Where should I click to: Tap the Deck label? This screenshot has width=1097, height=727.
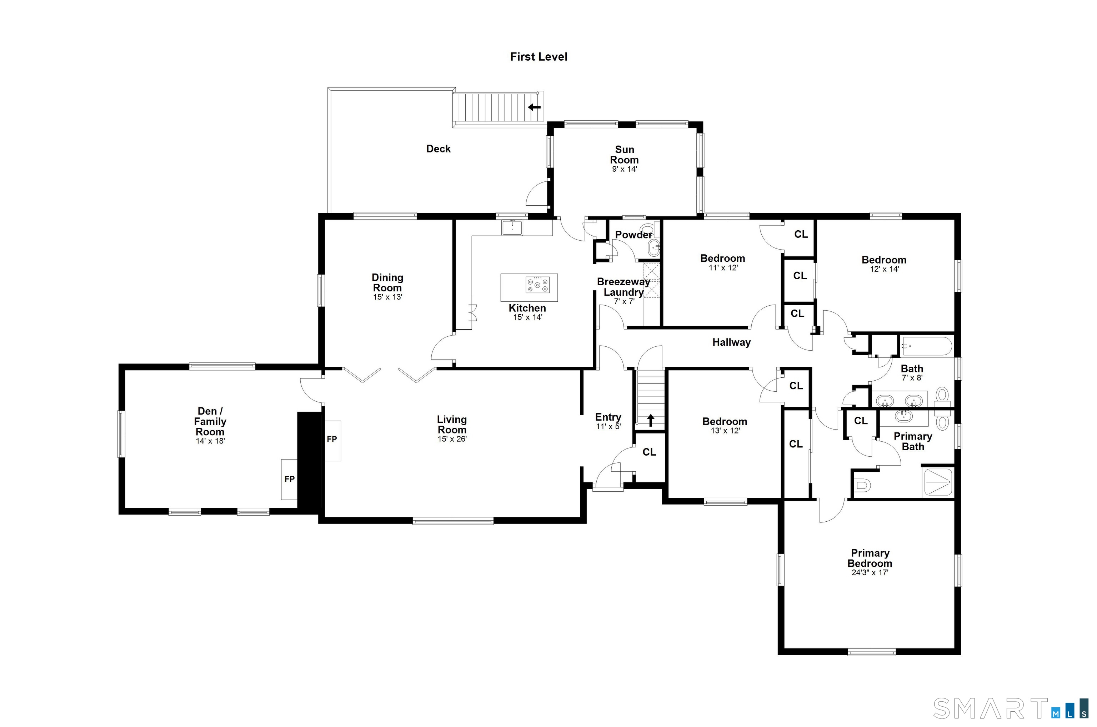pyautogui.click(x=438, y=149)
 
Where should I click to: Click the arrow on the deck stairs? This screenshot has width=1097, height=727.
pyautogui.click(x=534, y=107)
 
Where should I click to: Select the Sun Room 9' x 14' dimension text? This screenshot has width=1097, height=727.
pyautogui.click(x=624, y=169)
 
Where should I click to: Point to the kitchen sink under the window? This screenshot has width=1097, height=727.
pyautogui.click(x=512, y=227)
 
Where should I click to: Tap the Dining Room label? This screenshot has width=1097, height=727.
pyautogui.click(x=387, y=282)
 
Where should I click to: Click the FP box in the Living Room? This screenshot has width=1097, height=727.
pyautogui.click(x=332, y=440)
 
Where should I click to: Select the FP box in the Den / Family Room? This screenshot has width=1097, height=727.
pyautogui.click(x=289, y=479)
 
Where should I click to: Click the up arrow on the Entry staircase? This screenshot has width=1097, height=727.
pyautogui.click(x=651, y=420)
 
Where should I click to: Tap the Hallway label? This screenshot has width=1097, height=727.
pyautogui.click(x=731, y=342)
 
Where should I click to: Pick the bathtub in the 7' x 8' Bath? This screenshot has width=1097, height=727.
pyautogui.click(x=926, y=346)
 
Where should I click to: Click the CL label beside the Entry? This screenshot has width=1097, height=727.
pyautogui.click(x=649, y=452)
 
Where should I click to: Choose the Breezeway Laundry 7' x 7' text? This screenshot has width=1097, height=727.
pyautogui.click(x=623, y=301)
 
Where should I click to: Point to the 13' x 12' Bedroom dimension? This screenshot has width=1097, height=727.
pyautogui.click(x=725, y=431)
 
